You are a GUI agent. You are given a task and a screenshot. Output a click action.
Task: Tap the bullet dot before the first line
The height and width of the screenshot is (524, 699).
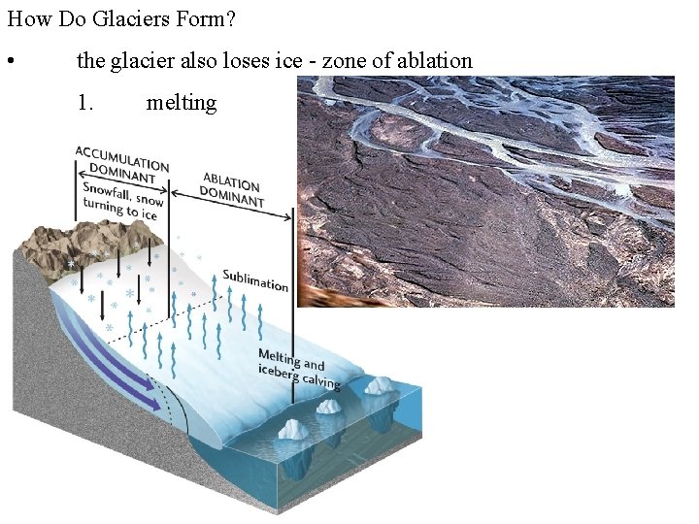pos(9,63)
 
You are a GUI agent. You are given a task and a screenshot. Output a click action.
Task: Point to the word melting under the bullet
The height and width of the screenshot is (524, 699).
pos(182,102)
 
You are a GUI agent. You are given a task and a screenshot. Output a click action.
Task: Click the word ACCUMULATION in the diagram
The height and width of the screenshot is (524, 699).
pos(122,157)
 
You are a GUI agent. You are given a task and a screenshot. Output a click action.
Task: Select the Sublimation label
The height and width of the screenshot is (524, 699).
pos(255,279)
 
